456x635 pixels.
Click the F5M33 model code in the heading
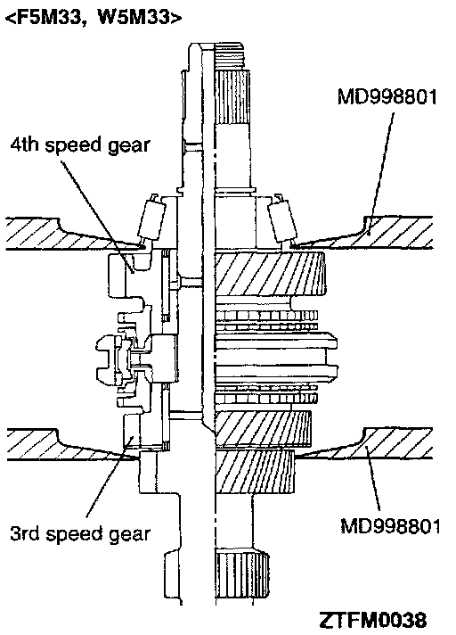coord(48,18)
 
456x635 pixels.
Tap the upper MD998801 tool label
coord(387,97)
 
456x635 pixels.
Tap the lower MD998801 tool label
coord(390,526)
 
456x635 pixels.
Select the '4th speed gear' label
coord(80,145)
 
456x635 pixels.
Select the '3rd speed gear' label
coord(80,533)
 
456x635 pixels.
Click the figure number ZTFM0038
coord(372,620)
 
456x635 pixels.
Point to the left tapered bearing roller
coord(152,219)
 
